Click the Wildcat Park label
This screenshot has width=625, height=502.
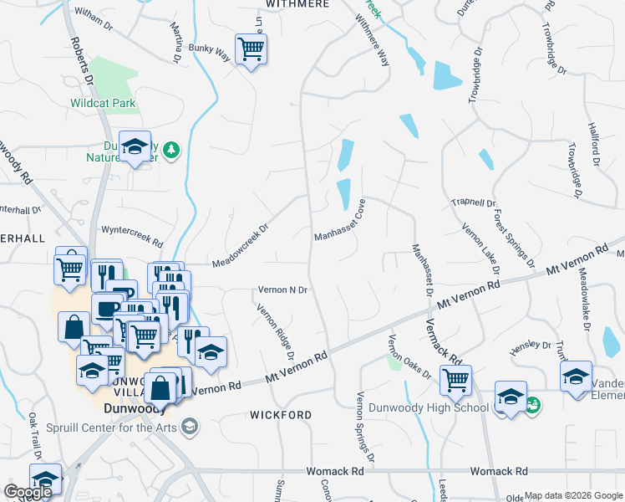click(x=103, y=103)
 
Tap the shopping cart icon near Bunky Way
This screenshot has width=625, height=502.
click(x=250, y=50)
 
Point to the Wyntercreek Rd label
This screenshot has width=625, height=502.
click(x=130, y=233)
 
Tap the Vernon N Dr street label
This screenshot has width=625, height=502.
click(x=282, y=289)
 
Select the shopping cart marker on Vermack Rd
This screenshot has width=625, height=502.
click(x=456, y=379)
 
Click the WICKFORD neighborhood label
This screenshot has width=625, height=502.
click(x=281, y=415)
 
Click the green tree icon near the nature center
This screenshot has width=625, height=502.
click(x=171, y=149)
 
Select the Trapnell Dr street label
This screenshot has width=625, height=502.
click(x=474, y=202)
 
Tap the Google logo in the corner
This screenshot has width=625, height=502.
click(x=28, y=492)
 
